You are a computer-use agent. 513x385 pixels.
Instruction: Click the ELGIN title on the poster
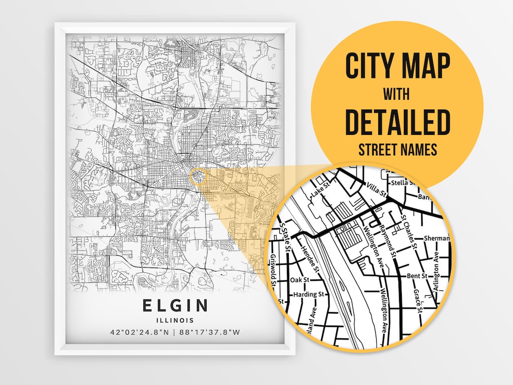pyautogui.click(x=175, y=305)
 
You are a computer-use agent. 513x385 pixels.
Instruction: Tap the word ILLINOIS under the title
pyautogui.click(x=175, y=320)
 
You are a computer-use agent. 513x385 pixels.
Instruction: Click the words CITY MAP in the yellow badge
pyautogui.click(x=397, y=66)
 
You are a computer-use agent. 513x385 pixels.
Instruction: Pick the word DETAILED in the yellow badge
pyautogui.click(x=397, y=122)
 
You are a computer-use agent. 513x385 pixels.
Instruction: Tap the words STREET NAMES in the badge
pyautogui.click(x=397, y=150)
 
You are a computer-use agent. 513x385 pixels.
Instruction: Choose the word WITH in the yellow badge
pyautogui.click(x=397, y=94)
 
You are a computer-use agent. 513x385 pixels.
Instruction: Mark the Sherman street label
pyautogui.click(x=436, y=238)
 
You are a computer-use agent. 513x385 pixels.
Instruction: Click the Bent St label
pyautogui.click(x=417, y=276)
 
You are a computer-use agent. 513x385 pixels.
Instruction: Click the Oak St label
pyautogui.click(x=299, y=280)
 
